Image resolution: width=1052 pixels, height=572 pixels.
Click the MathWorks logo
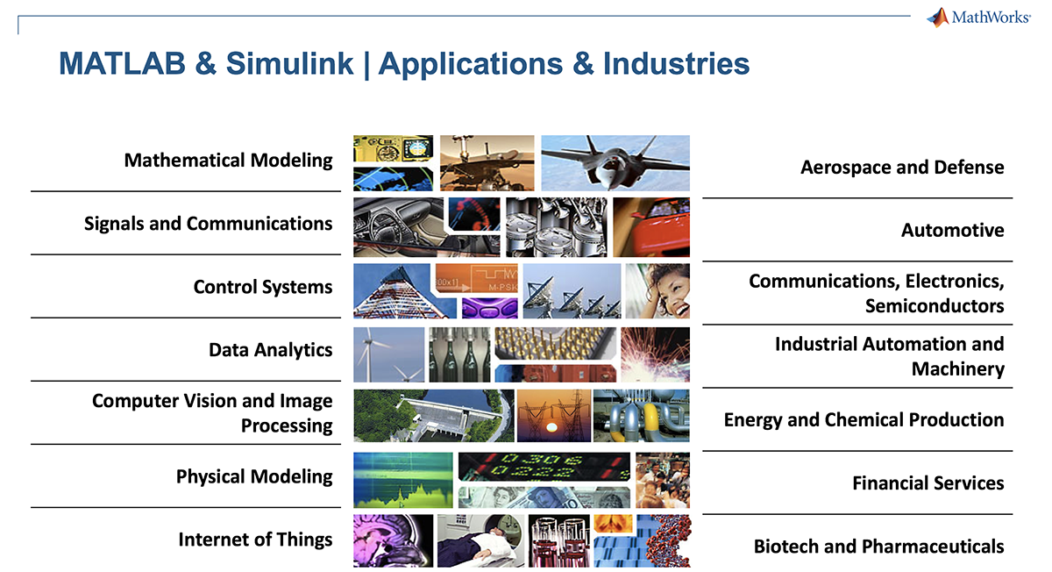pos(977,18)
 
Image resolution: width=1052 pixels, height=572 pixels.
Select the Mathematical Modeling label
pos(228,161)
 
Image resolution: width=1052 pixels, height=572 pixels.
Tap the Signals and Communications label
pos(208,224)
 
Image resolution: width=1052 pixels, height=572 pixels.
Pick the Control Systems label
pos(263,287)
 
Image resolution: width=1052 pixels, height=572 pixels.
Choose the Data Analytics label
pos(270,350)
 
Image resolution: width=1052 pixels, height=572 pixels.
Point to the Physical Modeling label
pos(254,476)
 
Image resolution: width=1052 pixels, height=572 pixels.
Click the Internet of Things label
pos(255,540)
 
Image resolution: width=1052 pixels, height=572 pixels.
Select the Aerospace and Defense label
pos(902,167)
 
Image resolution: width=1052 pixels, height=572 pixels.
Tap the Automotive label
pos(952,230)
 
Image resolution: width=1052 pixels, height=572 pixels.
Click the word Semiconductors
pos(934,305)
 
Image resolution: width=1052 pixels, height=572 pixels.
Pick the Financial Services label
pos(928,483)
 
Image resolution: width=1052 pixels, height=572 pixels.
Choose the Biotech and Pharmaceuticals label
pos(878,547)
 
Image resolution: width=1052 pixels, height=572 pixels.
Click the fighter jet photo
pos(615,162)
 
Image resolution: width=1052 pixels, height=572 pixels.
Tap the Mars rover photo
pos(487,162)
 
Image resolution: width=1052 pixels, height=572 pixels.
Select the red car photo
pos(651,226)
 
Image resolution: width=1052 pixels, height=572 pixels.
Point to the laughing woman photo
pos(657,290)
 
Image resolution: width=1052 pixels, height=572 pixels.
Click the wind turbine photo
pos(388,354)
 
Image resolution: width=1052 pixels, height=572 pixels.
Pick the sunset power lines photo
pos(553,415)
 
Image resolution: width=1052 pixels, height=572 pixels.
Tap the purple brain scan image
pos(393,540)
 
